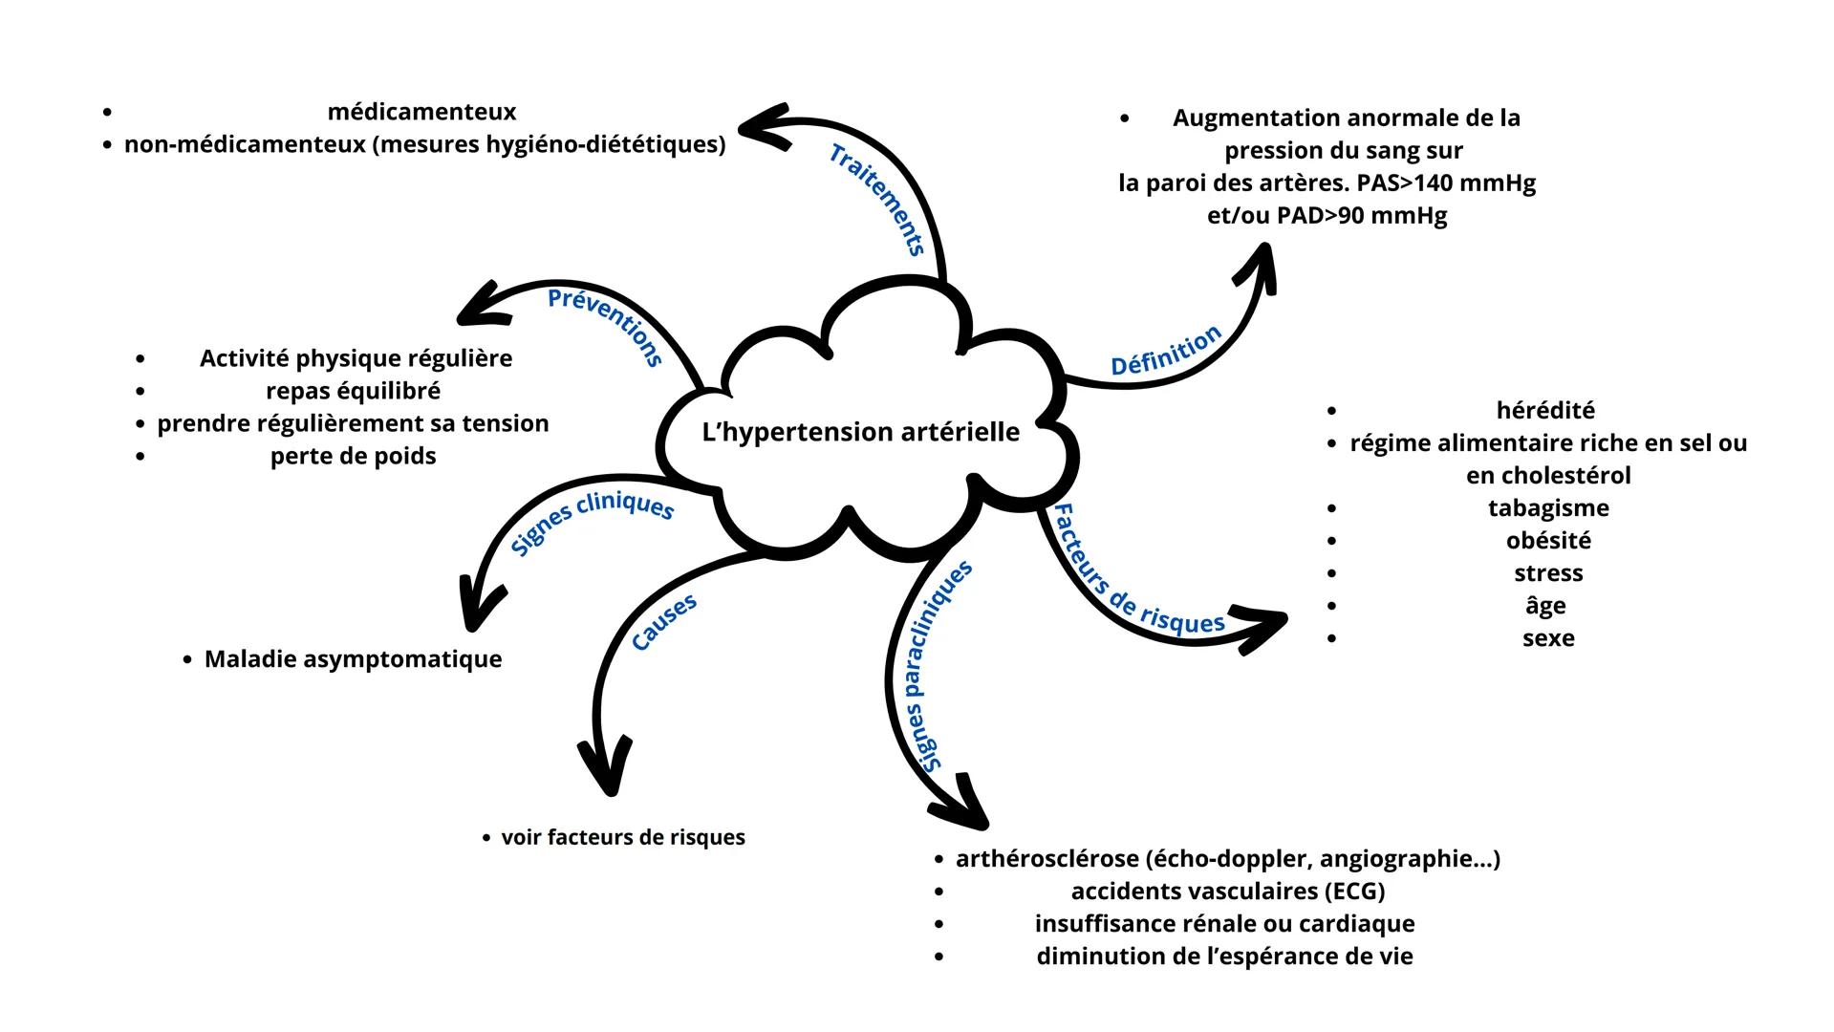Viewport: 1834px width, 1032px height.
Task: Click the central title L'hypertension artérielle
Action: [x=860, y=432]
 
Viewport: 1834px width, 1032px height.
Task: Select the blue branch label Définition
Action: [x=1166, y=351]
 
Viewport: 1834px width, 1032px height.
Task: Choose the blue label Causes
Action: [x=665, y=623]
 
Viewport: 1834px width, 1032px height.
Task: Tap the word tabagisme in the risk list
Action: [x=1548, y=508]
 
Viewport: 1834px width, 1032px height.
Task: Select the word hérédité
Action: [x=1545, y=411]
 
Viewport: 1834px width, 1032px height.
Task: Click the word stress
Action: [x=1548, y=573]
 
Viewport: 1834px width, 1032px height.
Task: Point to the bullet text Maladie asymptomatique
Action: [x=353, y=659]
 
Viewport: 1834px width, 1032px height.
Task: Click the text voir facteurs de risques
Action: [x=623, y=838]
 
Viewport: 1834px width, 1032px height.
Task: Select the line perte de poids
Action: [x=353, y=457]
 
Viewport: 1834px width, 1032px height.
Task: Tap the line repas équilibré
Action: [x=353, y=392]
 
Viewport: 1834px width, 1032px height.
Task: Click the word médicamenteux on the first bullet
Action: [x=421, y=113]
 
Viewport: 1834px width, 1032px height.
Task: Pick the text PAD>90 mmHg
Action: [x=1361, y=216]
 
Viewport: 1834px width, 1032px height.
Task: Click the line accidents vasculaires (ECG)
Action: [x=1227, y=892]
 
